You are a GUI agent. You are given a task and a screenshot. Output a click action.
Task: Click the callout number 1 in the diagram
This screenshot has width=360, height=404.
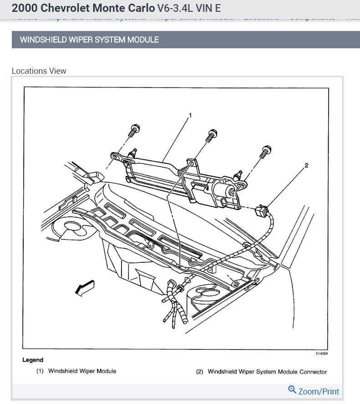pos(190,116)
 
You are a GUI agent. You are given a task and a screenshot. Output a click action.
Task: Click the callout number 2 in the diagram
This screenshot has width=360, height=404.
pos(306,165)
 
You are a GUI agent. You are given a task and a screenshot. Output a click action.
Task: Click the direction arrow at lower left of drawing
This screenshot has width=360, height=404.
pos(85,288)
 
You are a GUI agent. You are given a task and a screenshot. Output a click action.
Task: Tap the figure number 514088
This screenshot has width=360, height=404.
pos(322,353)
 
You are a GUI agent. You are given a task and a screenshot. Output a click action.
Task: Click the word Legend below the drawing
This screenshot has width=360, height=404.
pos(33,360)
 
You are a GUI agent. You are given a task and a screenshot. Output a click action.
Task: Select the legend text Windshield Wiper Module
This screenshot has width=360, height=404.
pos(82,371)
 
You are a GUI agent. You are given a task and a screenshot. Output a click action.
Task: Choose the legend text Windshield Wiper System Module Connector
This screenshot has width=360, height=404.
pos(267,372)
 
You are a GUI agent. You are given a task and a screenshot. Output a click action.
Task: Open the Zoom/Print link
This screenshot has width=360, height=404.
pos(319,391)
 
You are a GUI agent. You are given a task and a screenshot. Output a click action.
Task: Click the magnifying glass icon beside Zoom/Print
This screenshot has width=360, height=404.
pos(292,390)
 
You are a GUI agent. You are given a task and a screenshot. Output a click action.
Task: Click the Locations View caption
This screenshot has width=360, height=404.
pos(39,71)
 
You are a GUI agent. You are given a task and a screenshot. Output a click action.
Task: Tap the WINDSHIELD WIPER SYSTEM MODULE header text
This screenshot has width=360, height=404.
pos(89,40)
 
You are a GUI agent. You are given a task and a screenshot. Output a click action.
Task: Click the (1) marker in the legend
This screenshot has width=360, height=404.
pos(40,371)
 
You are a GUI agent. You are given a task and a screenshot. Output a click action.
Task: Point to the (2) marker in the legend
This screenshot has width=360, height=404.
pos(199,372)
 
